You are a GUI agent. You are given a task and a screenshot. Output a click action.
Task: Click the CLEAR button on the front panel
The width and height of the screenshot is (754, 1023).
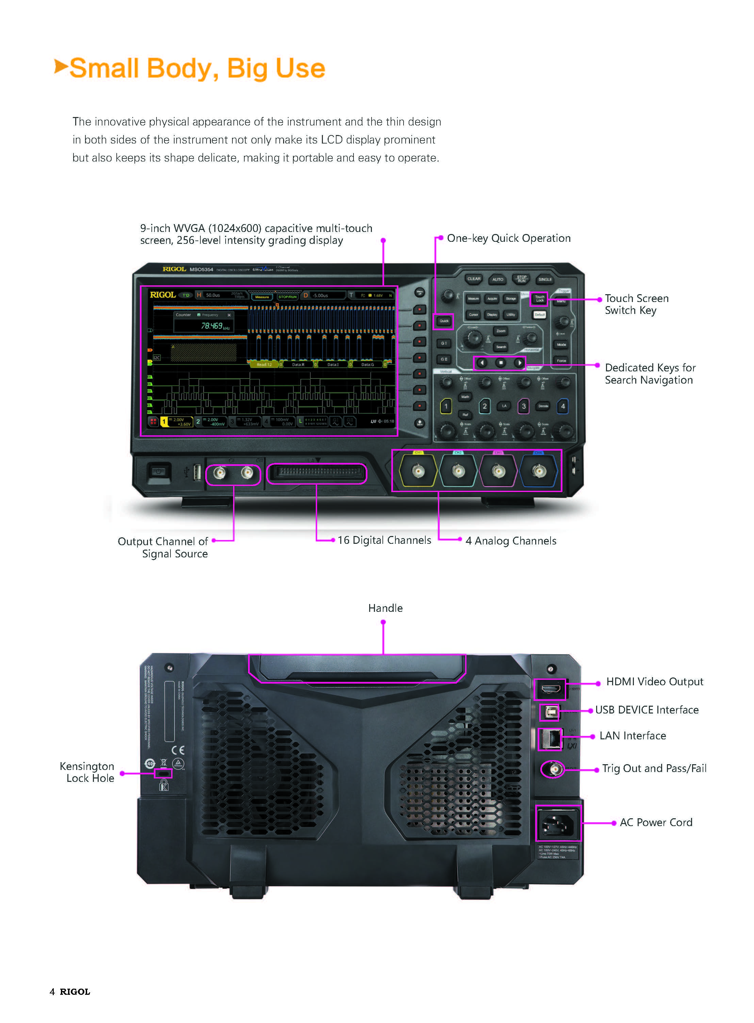(x=473, y=279)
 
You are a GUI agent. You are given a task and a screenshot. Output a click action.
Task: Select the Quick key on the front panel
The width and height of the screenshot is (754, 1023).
(x=444, y=321)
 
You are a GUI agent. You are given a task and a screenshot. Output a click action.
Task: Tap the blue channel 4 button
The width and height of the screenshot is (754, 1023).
(x=563, y=406)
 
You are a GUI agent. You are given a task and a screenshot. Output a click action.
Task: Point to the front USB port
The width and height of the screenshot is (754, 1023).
(x=197, y=472)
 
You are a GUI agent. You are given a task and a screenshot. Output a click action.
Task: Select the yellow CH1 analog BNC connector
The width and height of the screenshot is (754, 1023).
(x=418, y=471)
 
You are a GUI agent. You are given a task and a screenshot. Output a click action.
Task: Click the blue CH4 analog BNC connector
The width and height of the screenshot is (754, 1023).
(x=539, y=471)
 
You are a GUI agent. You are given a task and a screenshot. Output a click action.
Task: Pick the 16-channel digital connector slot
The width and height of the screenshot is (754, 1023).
(x=316, y=473)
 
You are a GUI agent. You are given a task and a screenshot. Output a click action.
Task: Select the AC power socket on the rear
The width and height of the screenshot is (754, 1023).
(x=558, y=823)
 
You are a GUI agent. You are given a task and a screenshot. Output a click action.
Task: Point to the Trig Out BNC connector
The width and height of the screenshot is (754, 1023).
(x=553, y=769)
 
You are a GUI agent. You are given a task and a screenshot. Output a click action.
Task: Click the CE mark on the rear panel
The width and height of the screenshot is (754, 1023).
(x=178, y=750)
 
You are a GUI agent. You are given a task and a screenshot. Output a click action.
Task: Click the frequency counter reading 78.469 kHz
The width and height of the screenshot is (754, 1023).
(x=212, y=326)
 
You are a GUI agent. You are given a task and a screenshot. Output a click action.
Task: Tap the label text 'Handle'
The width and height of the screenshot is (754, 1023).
(x=385, y=608)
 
